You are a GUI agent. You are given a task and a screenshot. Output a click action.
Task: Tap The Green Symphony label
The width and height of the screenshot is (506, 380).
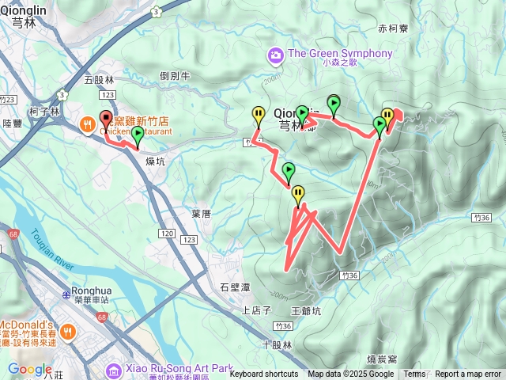tap(340, 54)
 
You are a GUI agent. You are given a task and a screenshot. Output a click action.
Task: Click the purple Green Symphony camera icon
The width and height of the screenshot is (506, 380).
tap(276, 55)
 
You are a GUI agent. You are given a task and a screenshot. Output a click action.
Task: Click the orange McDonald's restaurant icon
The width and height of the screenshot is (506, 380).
tap(67, 332)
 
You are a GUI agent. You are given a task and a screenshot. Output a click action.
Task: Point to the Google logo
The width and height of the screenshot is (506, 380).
tap(29, 369)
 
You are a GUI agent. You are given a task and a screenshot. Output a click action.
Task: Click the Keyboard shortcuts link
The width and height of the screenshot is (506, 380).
tap(263, 374)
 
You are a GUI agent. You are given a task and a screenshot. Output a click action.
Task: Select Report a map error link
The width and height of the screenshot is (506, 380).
tap(468, 374)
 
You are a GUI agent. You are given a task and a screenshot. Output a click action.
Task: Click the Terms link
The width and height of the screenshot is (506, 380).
tap(414, 374)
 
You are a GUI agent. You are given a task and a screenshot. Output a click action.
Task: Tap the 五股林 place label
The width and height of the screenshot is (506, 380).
tap(99, 80)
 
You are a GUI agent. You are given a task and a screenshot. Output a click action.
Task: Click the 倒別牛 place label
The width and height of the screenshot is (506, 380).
tap(175, 76)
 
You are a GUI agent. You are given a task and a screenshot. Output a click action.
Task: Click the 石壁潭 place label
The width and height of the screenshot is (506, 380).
tap(235, 287)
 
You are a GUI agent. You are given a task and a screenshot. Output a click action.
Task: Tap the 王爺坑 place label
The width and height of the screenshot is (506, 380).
tap(307, 311)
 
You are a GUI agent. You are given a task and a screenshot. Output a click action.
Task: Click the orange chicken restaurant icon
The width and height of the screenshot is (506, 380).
tap(87, 123)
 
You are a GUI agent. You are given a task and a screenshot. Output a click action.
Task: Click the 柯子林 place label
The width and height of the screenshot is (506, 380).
tap(43, 112)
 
